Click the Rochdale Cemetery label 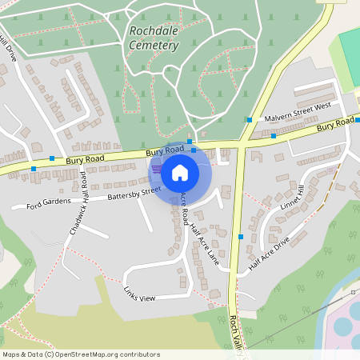(x=153, y=38)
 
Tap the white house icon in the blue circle (x=180, y=172)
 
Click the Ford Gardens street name (x=48, y=204)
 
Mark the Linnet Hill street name (x=293, y=198)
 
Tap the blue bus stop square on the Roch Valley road (x=241, y=237)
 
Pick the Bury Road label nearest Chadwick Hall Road (x=85, y=160)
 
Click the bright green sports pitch (x=350, y=48)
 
